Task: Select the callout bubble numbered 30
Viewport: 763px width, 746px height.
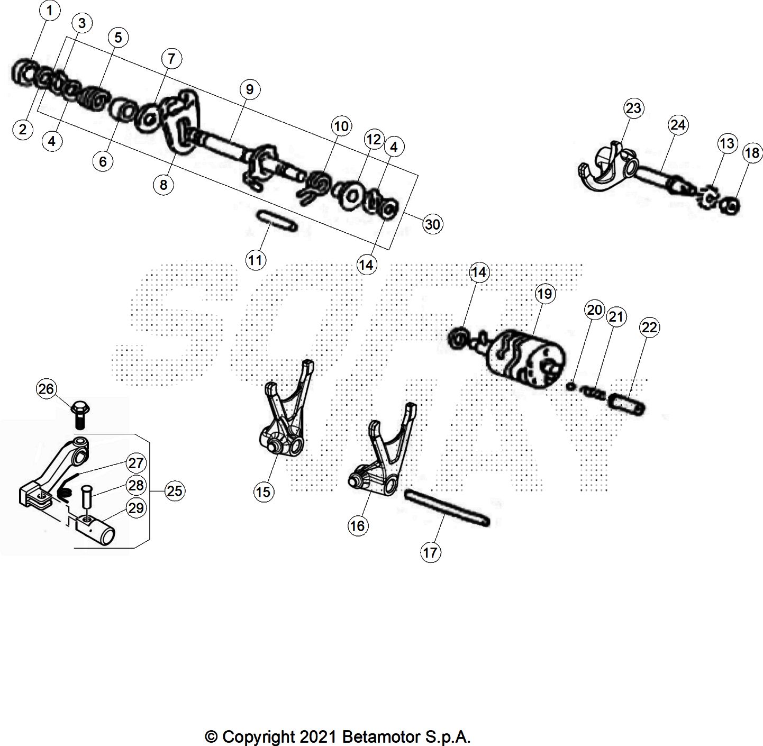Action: [432, 224]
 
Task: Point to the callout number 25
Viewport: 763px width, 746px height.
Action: [174, 491]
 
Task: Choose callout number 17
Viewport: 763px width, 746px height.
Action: [430, 552]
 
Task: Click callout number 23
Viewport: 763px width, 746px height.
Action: [633, 108]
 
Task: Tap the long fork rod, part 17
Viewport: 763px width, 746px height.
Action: [447, 507]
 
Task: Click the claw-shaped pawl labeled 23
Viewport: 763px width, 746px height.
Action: [603, 167]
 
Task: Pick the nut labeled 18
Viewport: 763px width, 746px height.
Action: [730, 205]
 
